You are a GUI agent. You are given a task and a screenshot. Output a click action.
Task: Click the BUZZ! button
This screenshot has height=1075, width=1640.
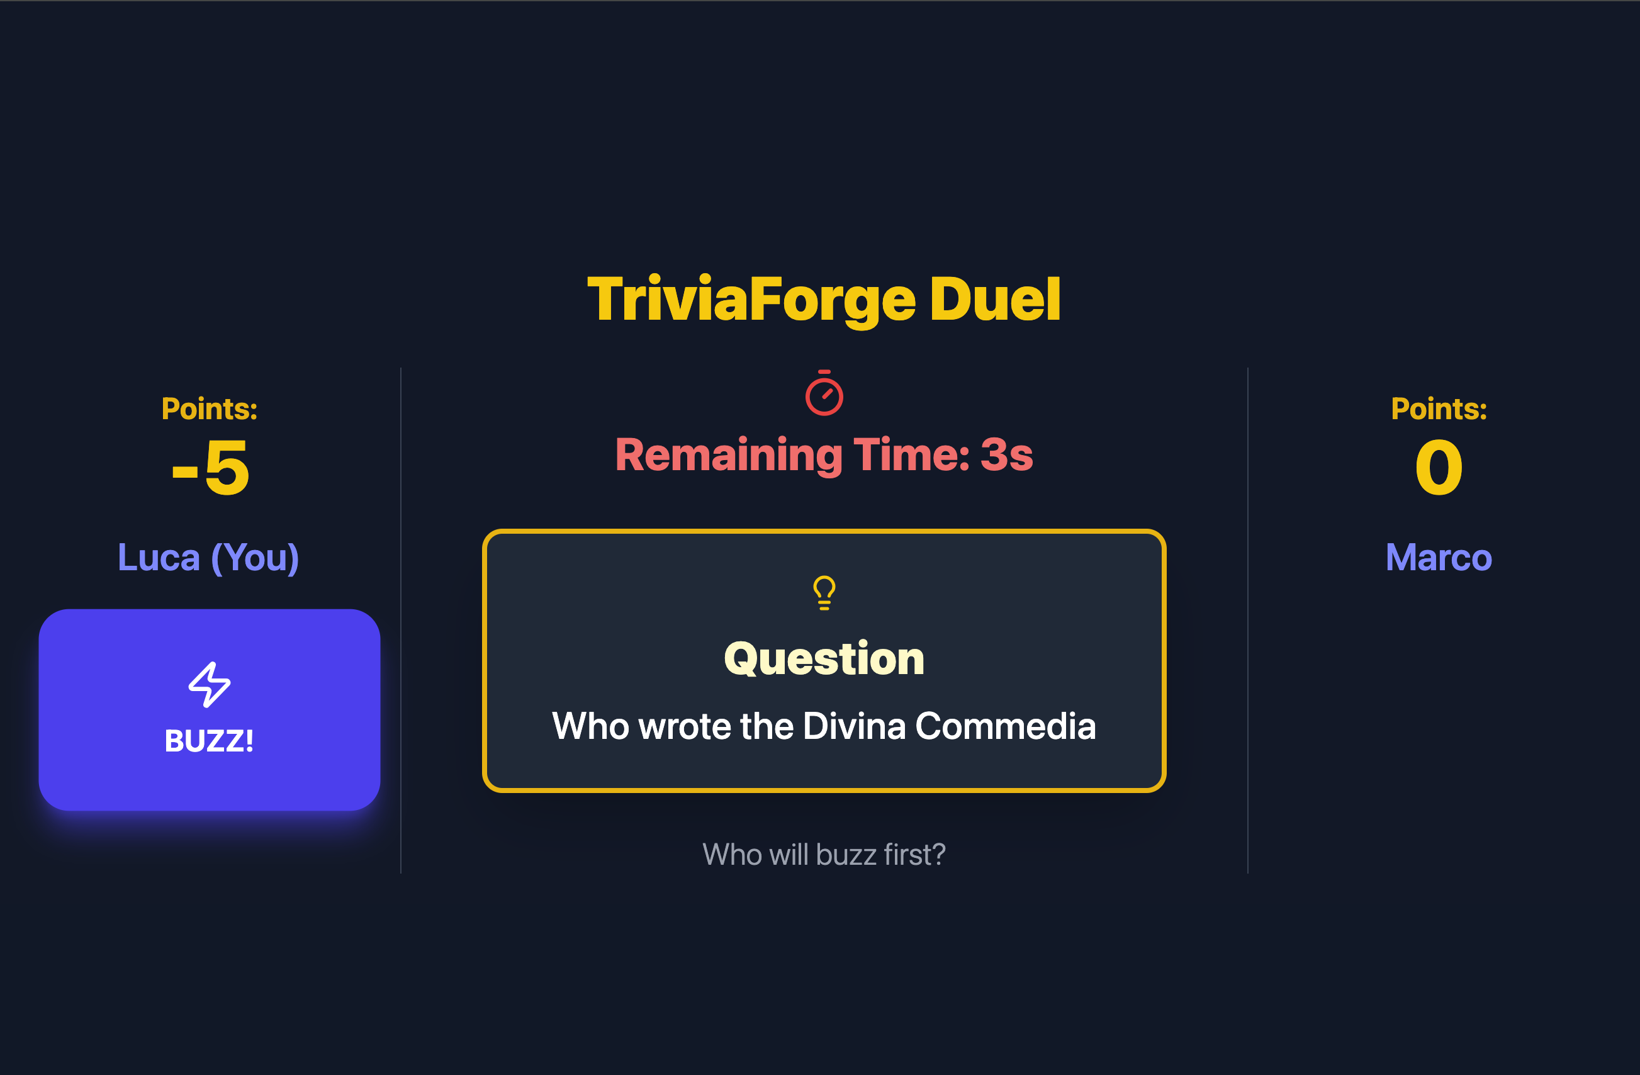(209, 710)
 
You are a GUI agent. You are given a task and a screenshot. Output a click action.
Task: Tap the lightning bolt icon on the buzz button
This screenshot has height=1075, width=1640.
(210, 684)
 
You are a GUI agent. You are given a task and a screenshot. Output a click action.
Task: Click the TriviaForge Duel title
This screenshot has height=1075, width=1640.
(823, 299)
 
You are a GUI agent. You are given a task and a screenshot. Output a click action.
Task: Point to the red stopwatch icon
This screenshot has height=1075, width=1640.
(824, 394)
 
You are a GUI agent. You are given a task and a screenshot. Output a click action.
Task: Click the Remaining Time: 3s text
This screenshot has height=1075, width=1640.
(823, 456)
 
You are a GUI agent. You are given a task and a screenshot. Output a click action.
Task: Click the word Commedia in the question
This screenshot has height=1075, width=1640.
(1006, 726)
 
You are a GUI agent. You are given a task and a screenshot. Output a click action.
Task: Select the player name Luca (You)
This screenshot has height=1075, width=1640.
(208, 558)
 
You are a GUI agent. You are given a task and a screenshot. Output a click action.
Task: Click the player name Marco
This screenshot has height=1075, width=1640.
(1439, 558)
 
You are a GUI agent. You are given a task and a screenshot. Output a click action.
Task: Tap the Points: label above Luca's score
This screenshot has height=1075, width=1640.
(210, 409)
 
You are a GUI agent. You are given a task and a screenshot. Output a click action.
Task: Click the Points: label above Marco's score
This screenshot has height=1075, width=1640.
(1439, 409)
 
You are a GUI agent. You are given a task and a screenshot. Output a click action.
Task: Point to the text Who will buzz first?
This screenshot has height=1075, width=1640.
(823, 855)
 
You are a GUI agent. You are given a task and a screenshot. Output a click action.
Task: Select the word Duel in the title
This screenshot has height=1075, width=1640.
(994, 299)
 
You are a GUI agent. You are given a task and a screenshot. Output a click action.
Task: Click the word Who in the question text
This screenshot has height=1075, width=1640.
(590, 726)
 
